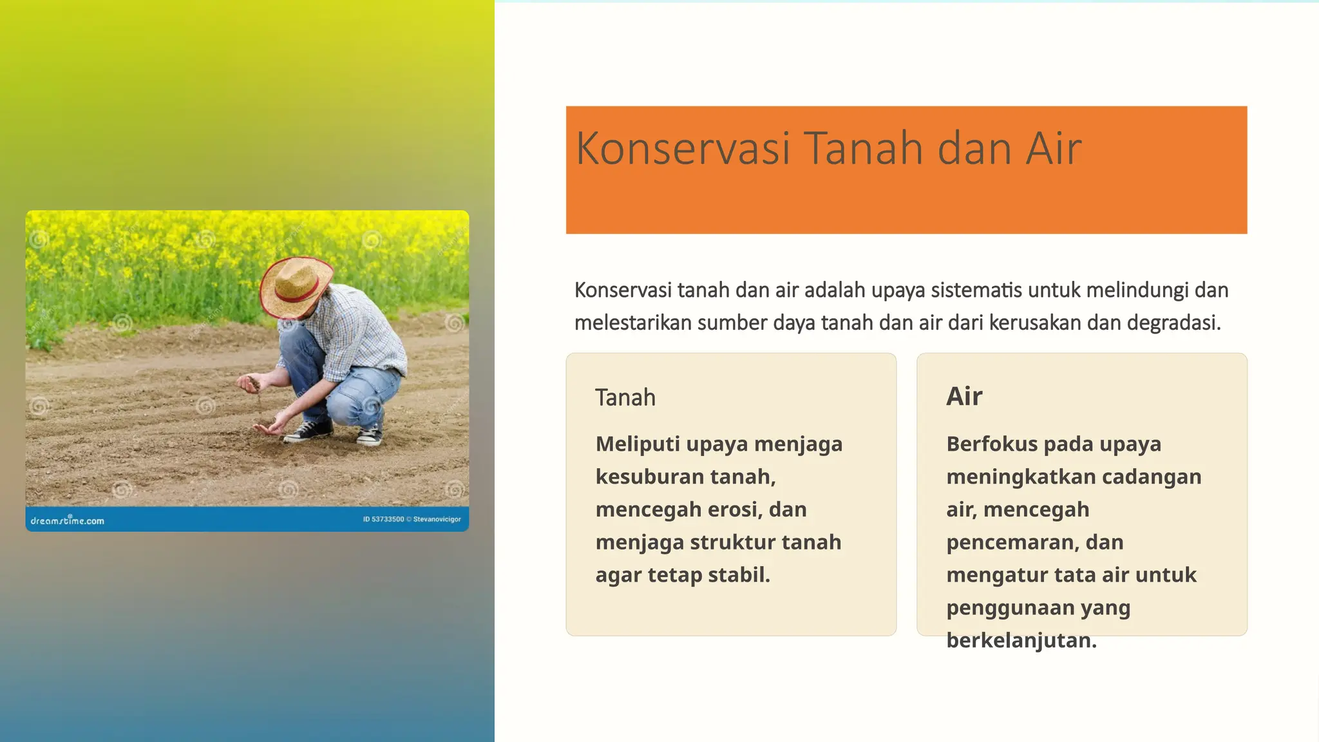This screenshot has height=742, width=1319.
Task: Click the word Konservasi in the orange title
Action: click(682, 149)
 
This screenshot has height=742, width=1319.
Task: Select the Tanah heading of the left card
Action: click(625, 397)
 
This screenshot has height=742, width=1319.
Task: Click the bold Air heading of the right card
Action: click(963, 396)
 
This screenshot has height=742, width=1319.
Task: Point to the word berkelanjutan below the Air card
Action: click(1021, 641)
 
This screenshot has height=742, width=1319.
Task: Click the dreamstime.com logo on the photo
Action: click(67, 520)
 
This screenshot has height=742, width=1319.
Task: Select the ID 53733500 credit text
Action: click(383, 519)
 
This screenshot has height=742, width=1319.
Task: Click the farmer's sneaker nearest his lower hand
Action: click(308, 432)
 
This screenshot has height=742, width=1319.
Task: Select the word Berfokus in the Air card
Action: click(991, 444)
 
